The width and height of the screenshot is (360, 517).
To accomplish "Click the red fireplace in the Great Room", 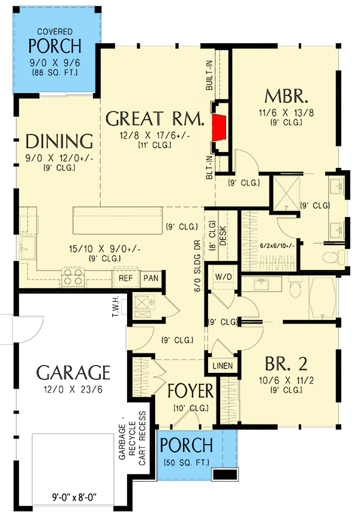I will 220,127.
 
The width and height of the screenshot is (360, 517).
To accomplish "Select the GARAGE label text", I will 73,372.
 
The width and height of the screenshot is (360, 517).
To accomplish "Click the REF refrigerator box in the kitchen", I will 125,279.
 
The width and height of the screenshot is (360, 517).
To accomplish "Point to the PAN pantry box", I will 150,279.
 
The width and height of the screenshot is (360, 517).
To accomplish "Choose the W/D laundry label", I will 223,276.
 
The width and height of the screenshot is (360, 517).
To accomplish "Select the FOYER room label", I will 191,390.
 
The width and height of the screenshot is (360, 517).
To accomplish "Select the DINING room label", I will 59,142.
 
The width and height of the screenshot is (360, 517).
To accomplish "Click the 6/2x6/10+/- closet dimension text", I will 276,245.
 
